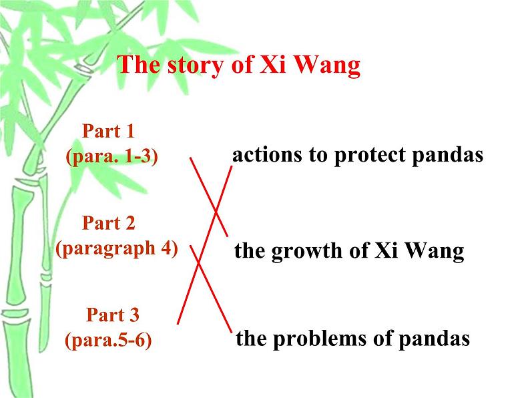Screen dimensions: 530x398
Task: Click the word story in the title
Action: pyautogui.click(x=195, y=65)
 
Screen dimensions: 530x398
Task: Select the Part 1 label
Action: pyautogui.click(x=109, y=131)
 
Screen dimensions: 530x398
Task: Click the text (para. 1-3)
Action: pyautogui.click(x=112, y=156)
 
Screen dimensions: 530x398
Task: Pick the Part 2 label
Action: pyautogui.click(x=109, y=223)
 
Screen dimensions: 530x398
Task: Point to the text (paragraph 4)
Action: pyautogui.click(x=117, y=249)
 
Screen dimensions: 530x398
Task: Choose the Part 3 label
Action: pyautogui.click(x=113, y=315)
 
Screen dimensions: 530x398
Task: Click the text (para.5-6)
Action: pyautogui.click(x=108, y=340)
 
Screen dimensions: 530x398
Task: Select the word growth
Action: pyautogui.click(x=307, y=252)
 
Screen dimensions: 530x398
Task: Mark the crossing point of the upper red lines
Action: pyautogui.click(x=216, y=211)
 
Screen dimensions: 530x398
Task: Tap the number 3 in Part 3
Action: pyautogui.click(x=134, y=315)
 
